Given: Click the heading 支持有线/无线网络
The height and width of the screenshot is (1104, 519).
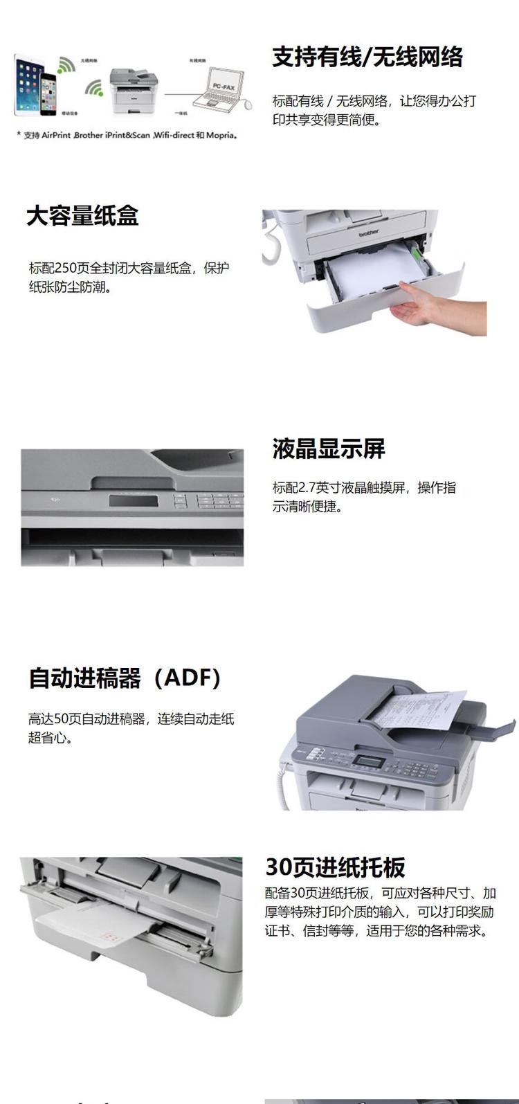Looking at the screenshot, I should pyautogui.click(x=367, y=57).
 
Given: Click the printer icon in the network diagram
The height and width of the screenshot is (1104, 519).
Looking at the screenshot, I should pyautogui.click(x=132, y=90).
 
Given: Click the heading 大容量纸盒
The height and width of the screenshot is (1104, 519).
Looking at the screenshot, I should pyautogui.click(x=82, y=216).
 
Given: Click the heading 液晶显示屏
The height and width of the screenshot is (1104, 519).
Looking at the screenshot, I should pyautogui.click(x=328, y=449).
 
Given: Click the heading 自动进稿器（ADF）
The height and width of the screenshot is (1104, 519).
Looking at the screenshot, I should pyautogui.click(x=125, y=678).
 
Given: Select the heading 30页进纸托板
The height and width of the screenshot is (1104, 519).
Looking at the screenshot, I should pyautogui.click(x=335, y=867).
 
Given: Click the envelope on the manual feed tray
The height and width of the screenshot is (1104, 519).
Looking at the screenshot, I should pyautogui.click(x=93, y=934).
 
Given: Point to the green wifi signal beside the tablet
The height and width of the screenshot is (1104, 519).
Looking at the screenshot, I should pyautogui.click(x=66, y=65).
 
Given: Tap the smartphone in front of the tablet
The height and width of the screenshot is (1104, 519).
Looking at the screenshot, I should pyautogui.click(x=48, y=96).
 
